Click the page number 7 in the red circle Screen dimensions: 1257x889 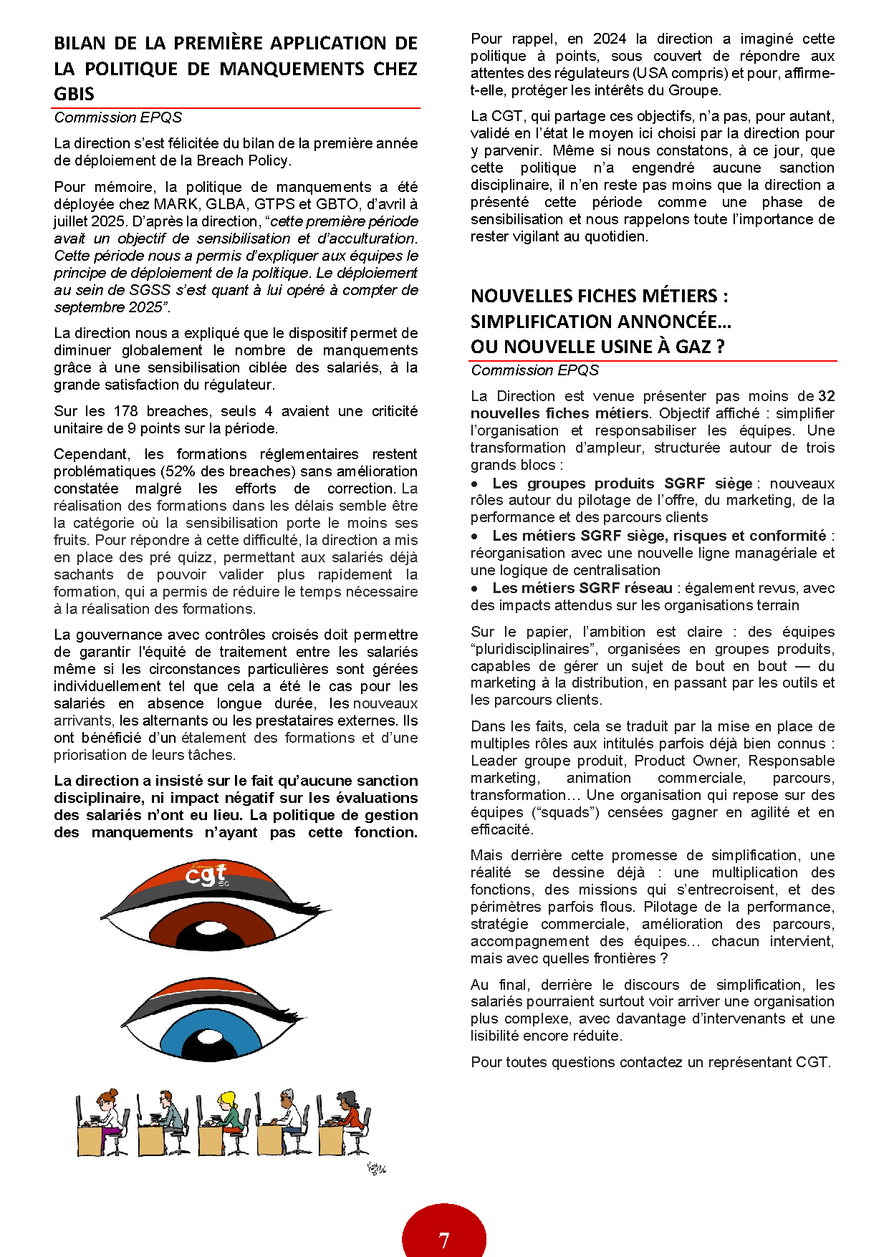point(444,1240)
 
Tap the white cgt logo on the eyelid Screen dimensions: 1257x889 point(206,875)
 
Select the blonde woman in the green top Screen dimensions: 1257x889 point(231,1117)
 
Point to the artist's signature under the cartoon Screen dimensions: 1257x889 point(377,1169)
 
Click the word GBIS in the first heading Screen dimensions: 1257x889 point(74,94)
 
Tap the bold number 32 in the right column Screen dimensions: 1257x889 point(826,396)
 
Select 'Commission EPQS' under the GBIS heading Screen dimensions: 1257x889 point(118,117)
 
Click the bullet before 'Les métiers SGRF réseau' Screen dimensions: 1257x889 point(475,589)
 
